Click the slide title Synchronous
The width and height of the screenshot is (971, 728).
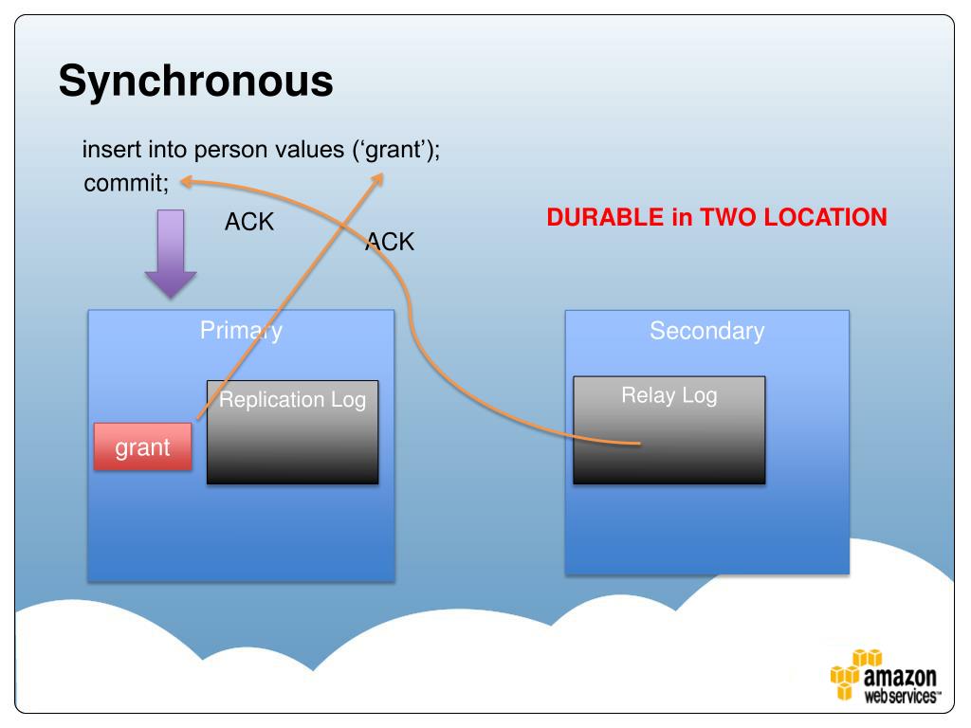click(x=195, y=82)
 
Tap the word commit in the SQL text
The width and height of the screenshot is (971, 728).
click(x=123, y=183)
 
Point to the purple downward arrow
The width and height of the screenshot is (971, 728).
click(x=171, y=254)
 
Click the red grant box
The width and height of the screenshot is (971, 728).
click(x=142, y=447)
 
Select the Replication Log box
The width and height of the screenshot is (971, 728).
click(x=292, y=432)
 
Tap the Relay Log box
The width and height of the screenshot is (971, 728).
click(x=669, y=429)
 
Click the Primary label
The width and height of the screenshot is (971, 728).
click(x=241, y=331)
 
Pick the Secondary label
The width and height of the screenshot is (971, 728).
click(x=706, y=331)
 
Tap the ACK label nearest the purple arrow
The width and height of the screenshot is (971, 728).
click(x=248, y=223)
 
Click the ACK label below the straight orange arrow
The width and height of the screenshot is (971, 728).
click(x=390, y=242)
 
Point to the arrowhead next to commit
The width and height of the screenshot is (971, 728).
click(x=187, y=181)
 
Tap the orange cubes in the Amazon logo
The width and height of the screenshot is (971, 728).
click(x=847, y=674)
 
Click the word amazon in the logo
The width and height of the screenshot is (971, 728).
click(x=900, y=678)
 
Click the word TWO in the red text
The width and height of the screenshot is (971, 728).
click(x=728, y=217)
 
